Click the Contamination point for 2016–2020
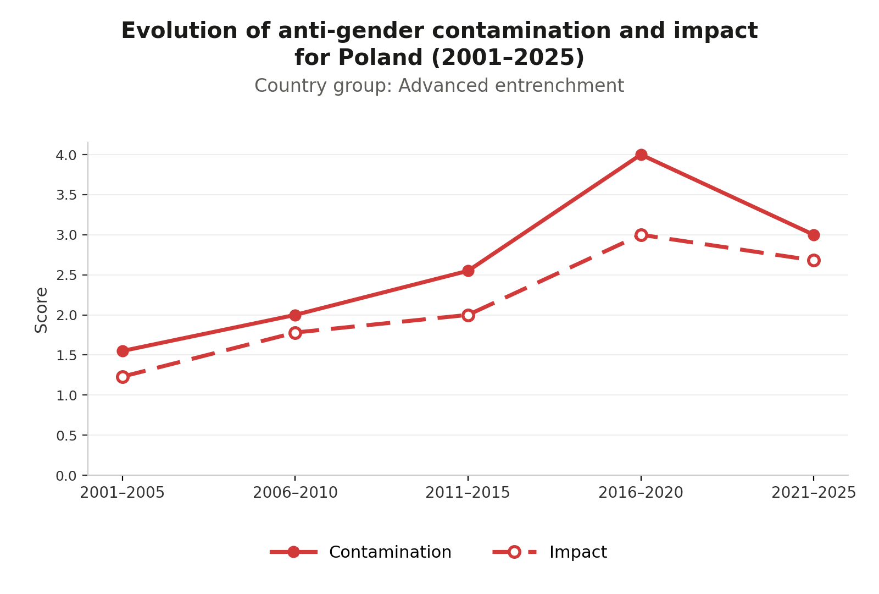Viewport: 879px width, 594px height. [x=641, y=155]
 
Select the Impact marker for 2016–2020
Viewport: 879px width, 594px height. [x=641, y=235]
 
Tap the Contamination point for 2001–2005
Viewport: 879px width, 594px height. [x=123, y=351]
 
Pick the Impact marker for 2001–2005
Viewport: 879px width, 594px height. [x=123, y=377]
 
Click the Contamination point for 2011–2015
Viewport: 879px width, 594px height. [x=468, y=271]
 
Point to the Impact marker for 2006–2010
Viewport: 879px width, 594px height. [x=296, y=333]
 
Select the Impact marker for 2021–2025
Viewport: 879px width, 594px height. [x=814, y=261]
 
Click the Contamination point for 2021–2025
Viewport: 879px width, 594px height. [x=814, y=235]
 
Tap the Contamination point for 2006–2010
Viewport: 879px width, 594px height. [x=296, y=315]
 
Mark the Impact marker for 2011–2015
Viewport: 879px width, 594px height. [x=468, y=315]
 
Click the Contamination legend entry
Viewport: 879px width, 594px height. [x=360, y=552]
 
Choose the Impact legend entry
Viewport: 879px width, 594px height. [x=550, y=552]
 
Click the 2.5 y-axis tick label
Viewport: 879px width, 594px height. [x=66, y=276]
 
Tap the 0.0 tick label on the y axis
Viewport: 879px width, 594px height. [x=66, y=476]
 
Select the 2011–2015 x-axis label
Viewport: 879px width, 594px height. [x=468, y=493]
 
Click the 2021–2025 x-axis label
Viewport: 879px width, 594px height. [x=814, y=493]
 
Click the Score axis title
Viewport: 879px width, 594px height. [x=41, y=310]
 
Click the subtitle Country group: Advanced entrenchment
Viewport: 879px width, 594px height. [x=439, y=86]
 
